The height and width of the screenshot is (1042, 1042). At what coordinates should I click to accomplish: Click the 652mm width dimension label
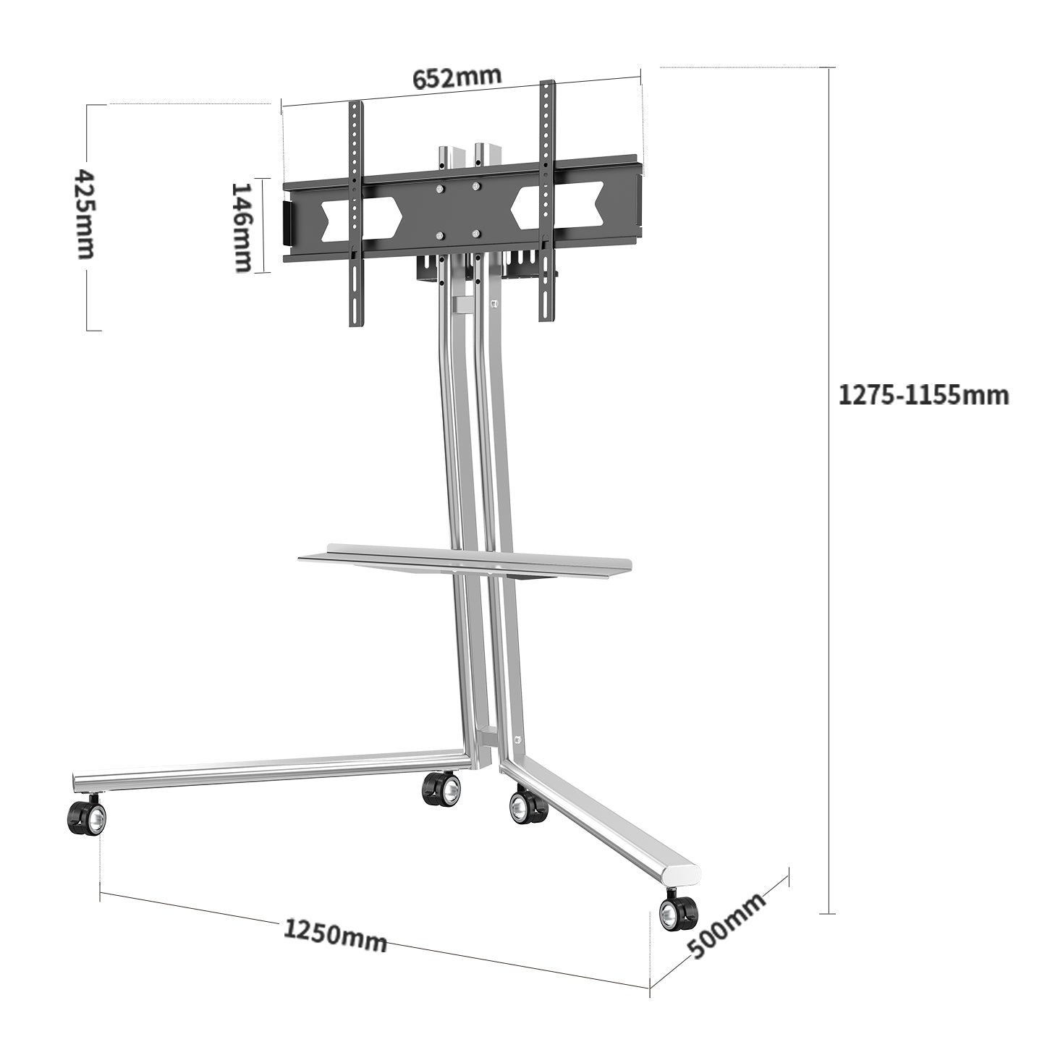tap(457, 77)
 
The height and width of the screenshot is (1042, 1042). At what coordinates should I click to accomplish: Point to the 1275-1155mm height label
tap(923, 395)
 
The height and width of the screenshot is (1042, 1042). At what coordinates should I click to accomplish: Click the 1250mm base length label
tap(334, 935)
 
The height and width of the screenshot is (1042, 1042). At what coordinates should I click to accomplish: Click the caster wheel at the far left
tap(87, 818)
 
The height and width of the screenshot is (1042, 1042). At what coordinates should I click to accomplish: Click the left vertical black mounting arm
tap(355, 213)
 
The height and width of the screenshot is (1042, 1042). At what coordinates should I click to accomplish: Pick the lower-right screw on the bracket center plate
tap(475, 233)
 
